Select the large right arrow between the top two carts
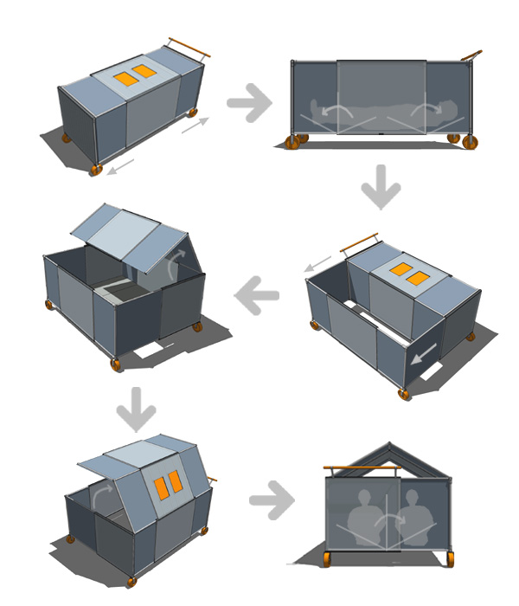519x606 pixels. (249, 103)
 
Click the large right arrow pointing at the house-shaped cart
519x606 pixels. (272, 500)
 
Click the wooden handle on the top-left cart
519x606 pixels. (189, 47)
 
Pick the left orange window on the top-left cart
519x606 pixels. (125, 79)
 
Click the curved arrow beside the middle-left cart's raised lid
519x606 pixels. (176, 261)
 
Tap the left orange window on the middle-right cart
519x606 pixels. (400, 270)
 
